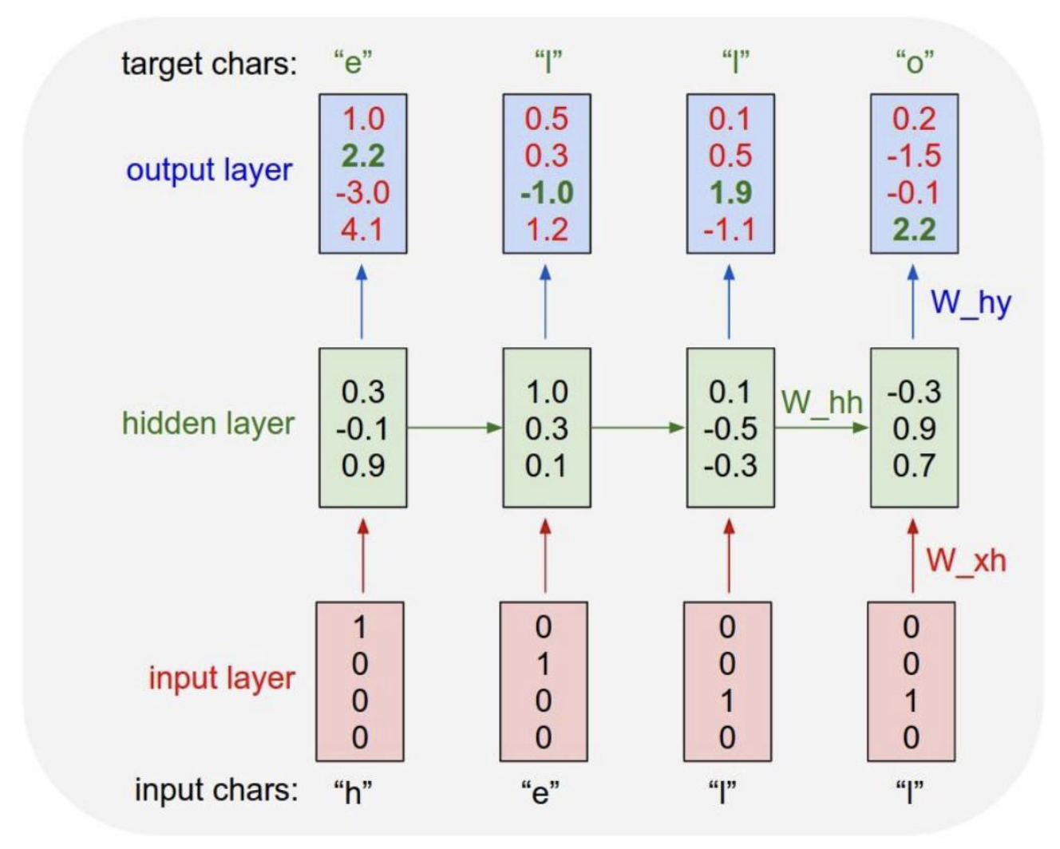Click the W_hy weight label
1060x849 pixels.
(971, 303)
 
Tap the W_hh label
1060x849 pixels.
(821, 403)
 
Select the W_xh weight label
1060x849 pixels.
(966, 561)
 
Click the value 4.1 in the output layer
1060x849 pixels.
(362, 230)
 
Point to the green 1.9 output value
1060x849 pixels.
(730, 192)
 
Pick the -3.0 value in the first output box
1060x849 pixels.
(363, 192)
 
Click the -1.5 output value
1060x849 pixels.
(914, 156)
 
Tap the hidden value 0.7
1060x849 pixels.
(914, 465)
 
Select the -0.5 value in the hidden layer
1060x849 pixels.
(730, 428)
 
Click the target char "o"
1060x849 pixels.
(914, 63)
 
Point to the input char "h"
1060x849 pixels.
(353, 792)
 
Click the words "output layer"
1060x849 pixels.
(209, 171)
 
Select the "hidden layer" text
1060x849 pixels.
(208, 424)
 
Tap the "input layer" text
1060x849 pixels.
(222, 678)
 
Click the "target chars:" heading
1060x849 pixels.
(209, 64)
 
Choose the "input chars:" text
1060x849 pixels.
(216, 790)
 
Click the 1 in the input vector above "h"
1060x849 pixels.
(360, 627)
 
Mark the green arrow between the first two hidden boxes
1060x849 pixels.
(455, 428)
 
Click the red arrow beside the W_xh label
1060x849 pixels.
(912, 556)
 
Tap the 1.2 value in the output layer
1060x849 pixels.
(547, 230)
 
